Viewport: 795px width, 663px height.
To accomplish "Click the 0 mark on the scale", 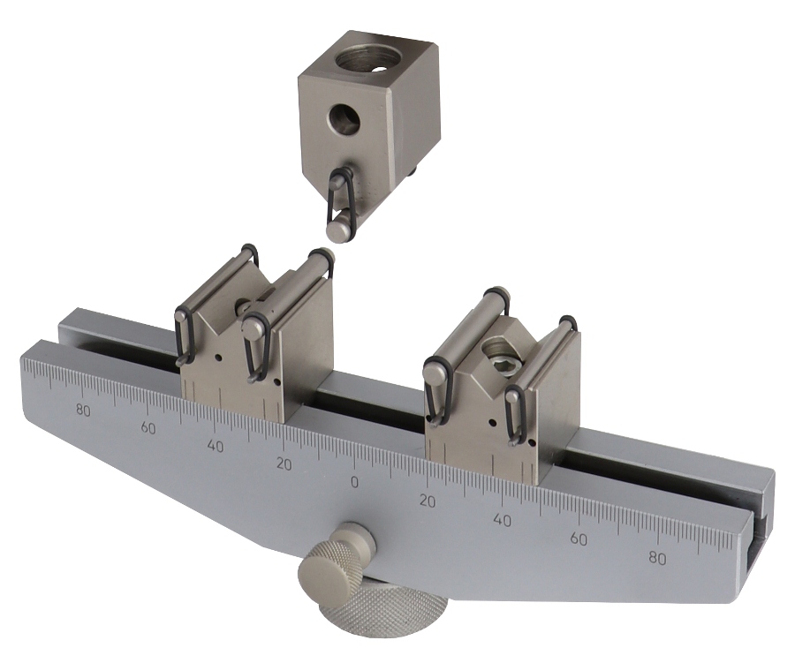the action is (354, 482).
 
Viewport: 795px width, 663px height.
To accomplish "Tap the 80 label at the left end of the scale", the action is (83, 410).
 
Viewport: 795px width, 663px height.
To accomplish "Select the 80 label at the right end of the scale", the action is (657, 558).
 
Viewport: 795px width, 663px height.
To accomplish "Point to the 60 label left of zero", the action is (148, 428).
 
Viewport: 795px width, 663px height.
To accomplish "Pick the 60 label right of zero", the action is (578, 539).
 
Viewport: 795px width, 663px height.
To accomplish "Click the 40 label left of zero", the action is (215, 446).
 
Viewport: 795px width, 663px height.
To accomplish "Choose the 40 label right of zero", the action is (502, 520).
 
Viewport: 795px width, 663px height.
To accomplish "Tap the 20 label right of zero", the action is (428, 501).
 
